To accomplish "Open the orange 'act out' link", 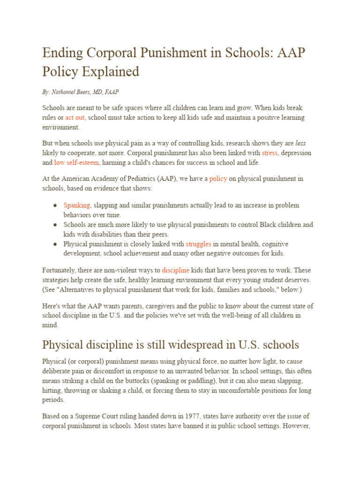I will coord(75,117).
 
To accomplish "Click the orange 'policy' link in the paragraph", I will coord(218,178).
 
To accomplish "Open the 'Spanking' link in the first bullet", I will coord(77,205).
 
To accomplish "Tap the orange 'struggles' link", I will coord(198,244).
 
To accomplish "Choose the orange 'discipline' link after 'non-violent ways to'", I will coord(176,270).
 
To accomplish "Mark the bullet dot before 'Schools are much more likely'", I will coord(55,225).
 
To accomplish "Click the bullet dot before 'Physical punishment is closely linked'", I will coord(55,244).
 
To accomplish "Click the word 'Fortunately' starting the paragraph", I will coord(61,270).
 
